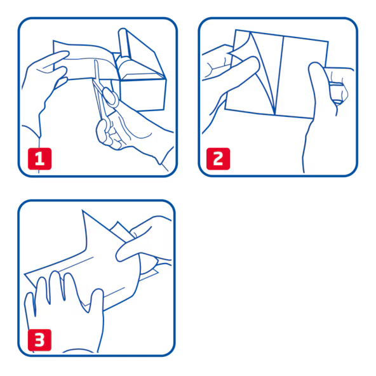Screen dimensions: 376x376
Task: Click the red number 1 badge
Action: (39, 159)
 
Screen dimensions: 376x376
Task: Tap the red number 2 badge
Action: (218, 159)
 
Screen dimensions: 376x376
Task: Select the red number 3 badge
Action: (39, 340)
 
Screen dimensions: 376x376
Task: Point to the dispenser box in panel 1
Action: (142, 77)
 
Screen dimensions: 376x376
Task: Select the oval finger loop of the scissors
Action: (111, 97)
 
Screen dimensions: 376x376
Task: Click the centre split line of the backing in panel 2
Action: (279, 76)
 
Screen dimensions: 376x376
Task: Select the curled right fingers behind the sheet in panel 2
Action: (339, 86)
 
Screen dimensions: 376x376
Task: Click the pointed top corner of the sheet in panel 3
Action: (83, 210)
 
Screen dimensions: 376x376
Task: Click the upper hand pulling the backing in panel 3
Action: (144, 240)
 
